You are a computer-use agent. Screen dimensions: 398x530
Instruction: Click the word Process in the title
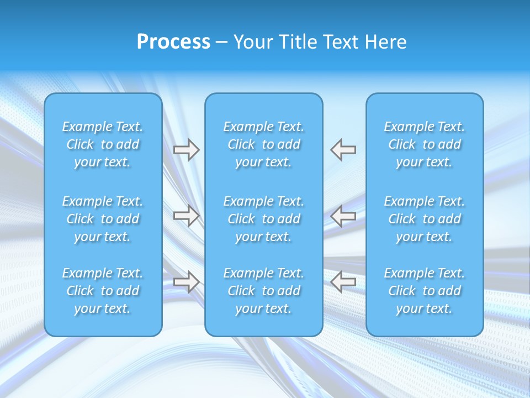point(173,42)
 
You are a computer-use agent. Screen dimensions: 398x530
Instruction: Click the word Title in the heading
point(300,42)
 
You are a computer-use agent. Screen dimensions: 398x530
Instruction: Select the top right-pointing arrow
point(186,150)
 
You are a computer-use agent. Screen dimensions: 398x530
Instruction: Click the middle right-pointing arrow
point(186,216)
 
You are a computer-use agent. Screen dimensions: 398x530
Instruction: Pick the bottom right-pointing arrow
point(186,282)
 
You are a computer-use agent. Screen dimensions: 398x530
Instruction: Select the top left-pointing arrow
point(343,150)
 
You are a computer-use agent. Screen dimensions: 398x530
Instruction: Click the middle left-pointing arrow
point(343,216)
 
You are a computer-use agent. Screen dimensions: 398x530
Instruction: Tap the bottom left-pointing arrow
point(343,282)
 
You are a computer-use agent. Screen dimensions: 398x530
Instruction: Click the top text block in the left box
point(103,144)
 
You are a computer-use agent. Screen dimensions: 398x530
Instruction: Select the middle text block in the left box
point(103,219)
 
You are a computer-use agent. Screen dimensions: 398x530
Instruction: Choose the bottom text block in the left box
point(103,291)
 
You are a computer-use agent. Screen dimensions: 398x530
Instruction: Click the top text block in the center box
point(264,144)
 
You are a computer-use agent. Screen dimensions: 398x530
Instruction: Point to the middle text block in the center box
point(264,219)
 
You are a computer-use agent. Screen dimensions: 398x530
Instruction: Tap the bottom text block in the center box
point(264,291)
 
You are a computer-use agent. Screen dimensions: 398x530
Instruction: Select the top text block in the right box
point(425,144)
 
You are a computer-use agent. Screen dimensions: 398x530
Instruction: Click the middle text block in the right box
point(425,219)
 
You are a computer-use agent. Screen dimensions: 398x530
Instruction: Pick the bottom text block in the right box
point(425,291)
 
